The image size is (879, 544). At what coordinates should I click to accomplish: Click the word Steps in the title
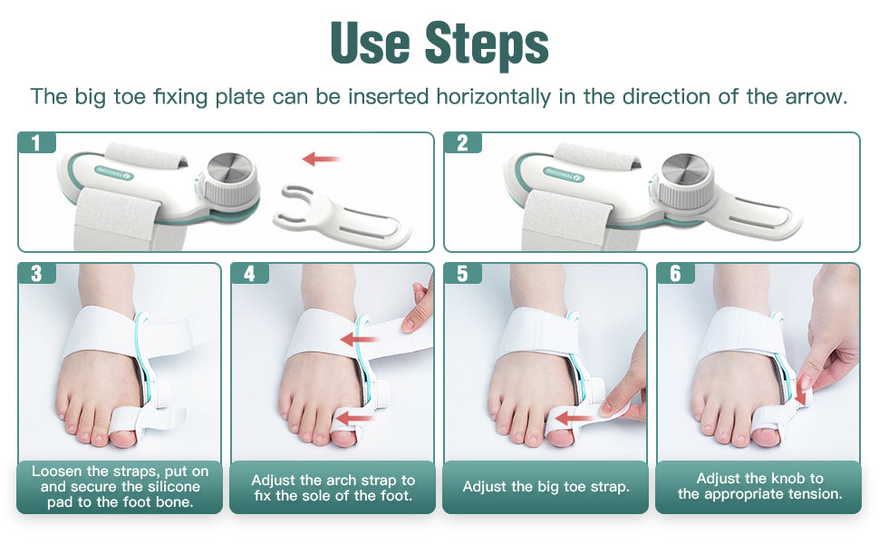point(486,44)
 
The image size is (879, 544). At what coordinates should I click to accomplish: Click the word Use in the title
point(371,43)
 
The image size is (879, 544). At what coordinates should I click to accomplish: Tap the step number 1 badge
point(37,143)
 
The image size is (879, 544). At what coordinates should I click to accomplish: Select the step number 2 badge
point(462,143)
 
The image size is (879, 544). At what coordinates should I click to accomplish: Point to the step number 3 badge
point(37,274)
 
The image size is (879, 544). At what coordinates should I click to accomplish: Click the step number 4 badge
point(249,274)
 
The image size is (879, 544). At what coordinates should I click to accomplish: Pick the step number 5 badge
point(462,274)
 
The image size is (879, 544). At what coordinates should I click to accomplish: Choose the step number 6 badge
point(675,274)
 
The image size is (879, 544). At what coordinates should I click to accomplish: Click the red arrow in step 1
point(321,160)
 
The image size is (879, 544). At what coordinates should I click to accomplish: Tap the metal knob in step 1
point(231,179)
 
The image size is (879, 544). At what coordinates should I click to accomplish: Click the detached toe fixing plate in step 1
point(342,216)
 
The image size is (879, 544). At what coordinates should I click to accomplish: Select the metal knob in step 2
point(686,179)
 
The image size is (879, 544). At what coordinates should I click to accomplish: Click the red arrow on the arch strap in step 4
point(360,339)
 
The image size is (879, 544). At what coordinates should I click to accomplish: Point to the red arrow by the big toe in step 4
point(358,418)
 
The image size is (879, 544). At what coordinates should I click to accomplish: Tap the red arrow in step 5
point(573,418)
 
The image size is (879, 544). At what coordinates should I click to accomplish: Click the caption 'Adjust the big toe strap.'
point(546,487)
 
